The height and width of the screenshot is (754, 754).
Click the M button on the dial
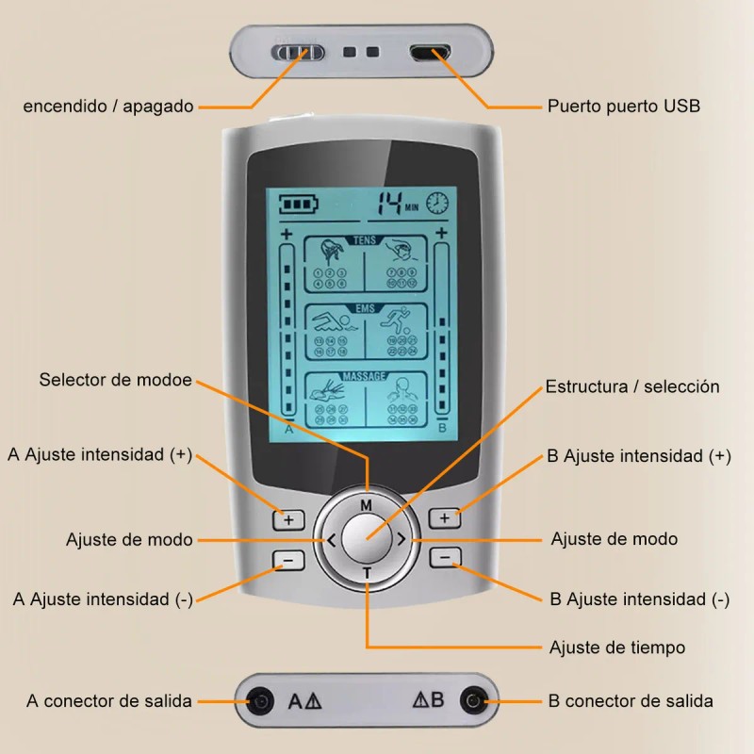tap(366, 505)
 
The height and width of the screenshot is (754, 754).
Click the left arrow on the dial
tap(331, 540)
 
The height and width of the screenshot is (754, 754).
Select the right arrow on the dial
tap(402, 540)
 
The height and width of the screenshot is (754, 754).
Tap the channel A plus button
tap(288, 519)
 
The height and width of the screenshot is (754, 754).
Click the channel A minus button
tap(288, 560)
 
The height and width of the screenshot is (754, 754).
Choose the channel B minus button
tap(445, 557)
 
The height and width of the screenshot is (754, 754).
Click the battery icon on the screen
tap(292, 203)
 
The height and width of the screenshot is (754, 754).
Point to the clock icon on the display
tap(437, 203)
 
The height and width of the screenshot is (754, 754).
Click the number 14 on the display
tap(388, 203)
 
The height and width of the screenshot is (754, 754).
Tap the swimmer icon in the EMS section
tap(332, 322)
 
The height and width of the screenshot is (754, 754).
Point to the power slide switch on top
tap(299, 52)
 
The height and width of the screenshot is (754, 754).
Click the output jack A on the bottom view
tap(257, 700)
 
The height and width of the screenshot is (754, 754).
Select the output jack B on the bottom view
tap(473, 700)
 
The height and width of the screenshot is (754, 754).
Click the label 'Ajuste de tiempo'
tap(616, 647)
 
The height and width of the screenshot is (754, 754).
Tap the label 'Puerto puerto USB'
tap(623, 106)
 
